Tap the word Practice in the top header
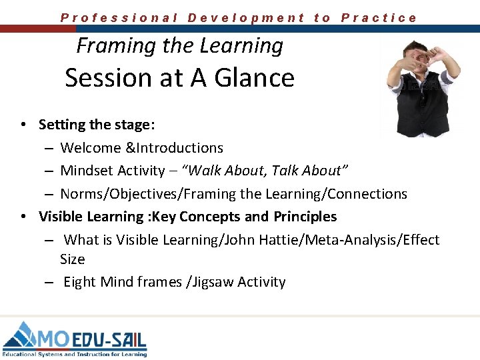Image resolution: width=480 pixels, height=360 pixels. (379, 18)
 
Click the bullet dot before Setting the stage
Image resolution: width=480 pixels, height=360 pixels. (23, 125)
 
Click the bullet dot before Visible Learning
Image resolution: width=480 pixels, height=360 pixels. (23, 217)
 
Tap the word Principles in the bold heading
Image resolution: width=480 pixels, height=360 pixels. (304, 217)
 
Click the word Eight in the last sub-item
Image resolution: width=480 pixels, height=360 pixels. (79, 282)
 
